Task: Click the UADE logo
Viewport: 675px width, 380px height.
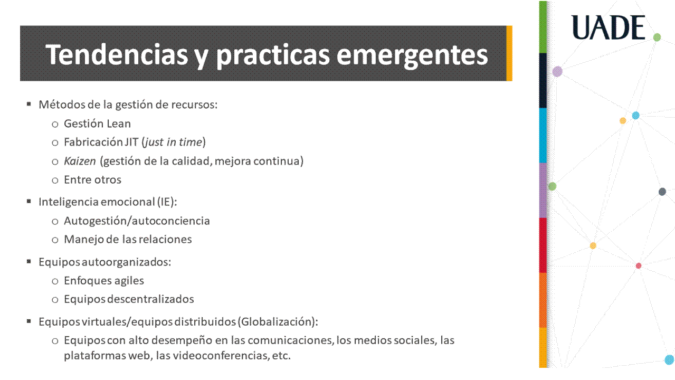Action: (x=608, y=27)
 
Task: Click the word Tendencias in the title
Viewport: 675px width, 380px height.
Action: (x=117, y=54)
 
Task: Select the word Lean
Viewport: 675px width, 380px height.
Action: (x=119, y=123)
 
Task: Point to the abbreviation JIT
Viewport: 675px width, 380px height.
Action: (x=131, y=142)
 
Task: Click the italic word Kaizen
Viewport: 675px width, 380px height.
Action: (x=80, y=161)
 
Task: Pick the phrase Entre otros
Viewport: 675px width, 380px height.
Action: (x=92, y=179)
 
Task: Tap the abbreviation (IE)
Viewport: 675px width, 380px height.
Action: (x=167, y=202)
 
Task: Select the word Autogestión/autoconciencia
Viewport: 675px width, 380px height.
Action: (x=137, y=221)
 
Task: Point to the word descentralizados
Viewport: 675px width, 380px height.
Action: (x=150, y=299)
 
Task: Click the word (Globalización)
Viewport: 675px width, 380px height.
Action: (x=278, y=321)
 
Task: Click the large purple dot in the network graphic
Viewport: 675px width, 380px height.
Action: (x=557, y=71)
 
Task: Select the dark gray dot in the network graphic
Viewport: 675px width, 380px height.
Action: (x=662, y=192)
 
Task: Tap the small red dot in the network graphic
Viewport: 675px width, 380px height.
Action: (x=639, y=266)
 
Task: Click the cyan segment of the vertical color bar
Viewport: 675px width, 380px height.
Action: (x=543, y=136)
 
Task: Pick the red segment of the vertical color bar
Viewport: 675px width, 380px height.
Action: (x=543, y=245)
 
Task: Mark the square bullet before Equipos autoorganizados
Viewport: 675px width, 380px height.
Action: (x=29, y=261)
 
